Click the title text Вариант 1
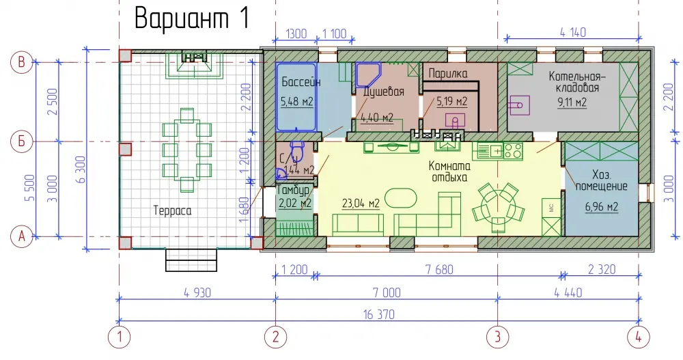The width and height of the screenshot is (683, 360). click(x=192, y=18)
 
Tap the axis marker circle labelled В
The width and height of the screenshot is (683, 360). click(x=21, y=62)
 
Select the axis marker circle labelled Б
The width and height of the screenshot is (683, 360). click(x=21, y=141)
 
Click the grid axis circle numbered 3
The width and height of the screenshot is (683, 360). click(x=497, y=337)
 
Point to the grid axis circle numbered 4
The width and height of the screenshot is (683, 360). click(x=639, y=337)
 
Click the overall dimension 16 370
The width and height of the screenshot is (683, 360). click(x=378, y=314)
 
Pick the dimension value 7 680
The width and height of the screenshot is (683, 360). click(x=439, y=269)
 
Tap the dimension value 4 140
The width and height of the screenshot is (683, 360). click(x=573, y=32)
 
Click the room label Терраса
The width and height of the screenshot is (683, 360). click(x=173, y=211)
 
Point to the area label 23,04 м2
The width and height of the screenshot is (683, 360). click(x=361, y=203)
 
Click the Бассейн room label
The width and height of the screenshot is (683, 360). click(x=301, y=82)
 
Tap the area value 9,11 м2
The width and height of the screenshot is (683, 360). click(x=572, y=102)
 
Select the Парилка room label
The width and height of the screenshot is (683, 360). click(x=448, y=73)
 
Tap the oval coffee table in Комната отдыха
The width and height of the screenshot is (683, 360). click(x=401, y=197)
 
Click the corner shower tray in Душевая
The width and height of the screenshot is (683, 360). click(x=368, y=74)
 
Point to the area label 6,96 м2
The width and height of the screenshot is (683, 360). click(x=602, y=206)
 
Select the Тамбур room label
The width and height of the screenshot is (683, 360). click(x=293, y=190)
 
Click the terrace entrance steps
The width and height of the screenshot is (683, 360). click(x=191, y=260)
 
